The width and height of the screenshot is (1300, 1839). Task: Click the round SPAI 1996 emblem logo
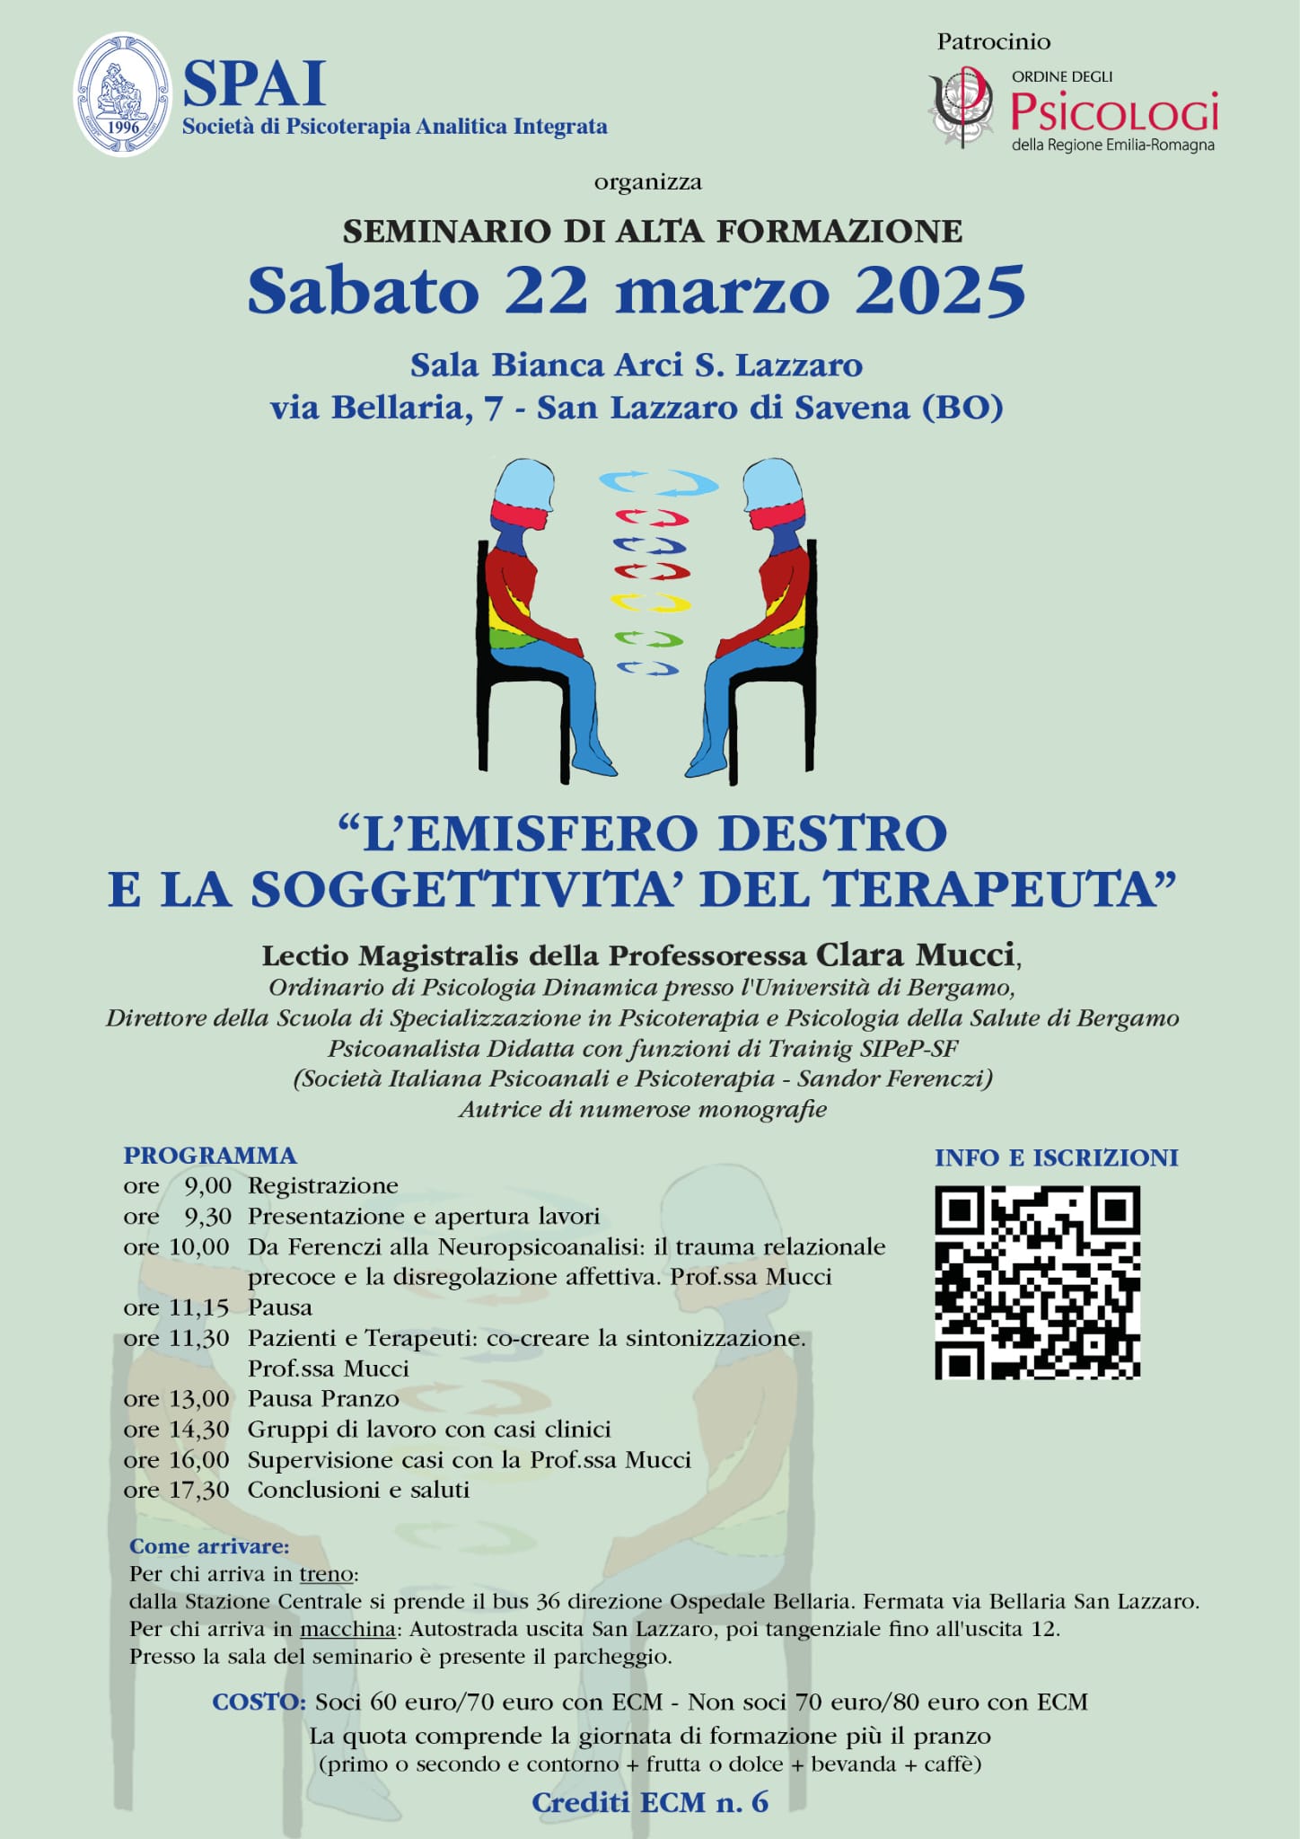click(x=123, y=94)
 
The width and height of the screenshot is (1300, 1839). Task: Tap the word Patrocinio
click(x=993, y=42)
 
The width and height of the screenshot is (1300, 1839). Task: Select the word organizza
click(x=647, y=182)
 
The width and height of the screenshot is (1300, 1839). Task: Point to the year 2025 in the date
click(x=940, y=291)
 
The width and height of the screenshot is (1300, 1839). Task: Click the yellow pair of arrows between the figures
click(x=651, y=603)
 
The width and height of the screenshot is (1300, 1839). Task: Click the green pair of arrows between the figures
click(x=649, y=639)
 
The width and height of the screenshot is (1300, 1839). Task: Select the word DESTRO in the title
click(x=833, y=833)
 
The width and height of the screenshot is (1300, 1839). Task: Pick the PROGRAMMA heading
click(x=210, y=1156)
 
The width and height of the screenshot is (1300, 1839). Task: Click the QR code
click(x=1037, y=1282)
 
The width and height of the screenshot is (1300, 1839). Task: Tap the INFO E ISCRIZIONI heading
click(x=1056, y=1158)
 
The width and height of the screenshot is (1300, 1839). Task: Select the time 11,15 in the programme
click(x=199, y=1307)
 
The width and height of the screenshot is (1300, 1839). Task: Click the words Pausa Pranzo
click(x=323, y=1399)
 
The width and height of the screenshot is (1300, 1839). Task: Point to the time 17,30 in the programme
click(x=199, y=1490)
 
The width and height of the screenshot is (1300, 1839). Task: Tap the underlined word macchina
click(x=347, y=1629)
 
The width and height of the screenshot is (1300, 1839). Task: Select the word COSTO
click(x=259, y=1703)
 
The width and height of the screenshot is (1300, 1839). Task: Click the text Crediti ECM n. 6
click(x=650, y=1802)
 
